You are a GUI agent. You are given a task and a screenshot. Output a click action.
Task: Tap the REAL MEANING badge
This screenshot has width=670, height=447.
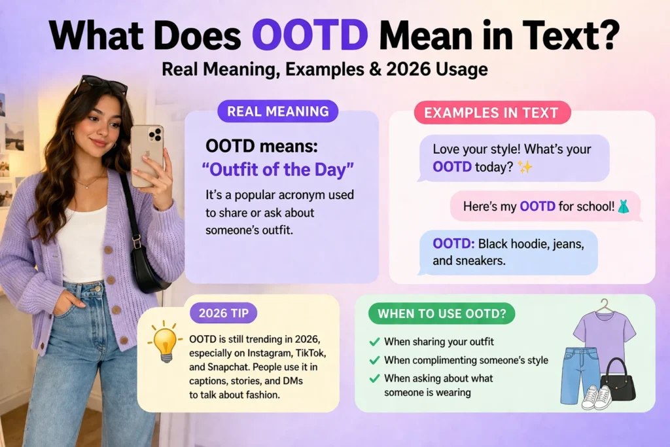(x=277, y=111)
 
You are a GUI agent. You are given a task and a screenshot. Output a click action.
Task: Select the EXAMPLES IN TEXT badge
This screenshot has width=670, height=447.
(x=492, y=113)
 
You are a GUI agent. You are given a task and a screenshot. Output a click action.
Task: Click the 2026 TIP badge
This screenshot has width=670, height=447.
(x=224, y=313)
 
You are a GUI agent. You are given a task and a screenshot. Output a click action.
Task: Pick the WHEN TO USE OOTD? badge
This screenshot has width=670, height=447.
(x=442, y=313)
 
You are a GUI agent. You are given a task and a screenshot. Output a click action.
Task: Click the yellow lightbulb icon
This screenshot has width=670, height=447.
(x=164, y=342)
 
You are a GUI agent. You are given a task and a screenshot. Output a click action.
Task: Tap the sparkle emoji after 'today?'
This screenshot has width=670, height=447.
(x=525, y=167)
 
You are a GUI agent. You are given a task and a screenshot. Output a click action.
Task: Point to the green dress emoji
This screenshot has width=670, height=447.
(x=624, y=206)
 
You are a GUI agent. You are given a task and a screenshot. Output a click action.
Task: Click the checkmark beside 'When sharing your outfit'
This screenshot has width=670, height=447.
(x=374, y=342)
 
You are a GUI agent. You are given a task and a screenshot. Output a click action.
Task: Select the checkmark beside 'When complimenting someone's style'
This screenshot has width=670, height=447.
(x=374, y=360)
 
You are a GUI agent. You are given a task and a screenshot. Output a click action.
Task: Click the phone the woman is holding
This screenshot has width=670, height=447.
(x=147, y=156)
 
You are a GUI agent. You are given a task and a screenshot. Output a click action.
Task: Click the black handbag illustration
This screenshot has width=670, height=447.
(x=618, y=381)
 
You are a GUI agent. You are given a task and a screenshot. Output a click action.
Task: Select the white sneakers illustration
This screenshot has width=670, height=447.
(x=597, y=397)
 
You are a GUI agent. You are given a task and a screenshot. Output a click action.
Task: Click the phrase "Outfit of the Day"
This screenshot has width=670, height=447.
(x=277, y=170)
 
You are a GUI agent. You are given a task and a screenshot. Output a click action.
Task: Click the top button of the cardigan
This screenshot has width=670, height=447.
(x=109, y=249)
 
